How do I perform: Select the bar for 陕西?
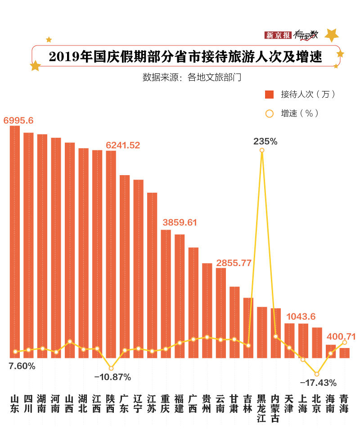[x=111, y=254]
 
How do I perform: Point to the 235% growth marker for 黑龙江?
[x=262, y=150]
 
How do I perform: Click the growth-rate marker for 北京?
[x=317, y=374]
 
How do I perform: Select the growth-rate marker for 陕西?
[x=111, y=369]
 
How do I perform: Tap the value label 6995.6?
[x=18, y=120]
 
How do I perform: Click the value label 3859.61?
[x=180, y=223]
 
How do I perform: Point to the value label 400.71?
[x=341, y=336]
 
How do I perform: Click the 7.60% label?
[x=22, y=366]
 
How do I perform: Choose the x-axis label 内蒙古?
[x=275, y=408]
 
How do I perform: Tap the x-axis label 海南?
[x=330, y=404]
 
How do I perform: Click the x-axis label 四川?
[x=28, y=404]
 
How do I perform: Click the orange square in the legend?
[x=270, y=94]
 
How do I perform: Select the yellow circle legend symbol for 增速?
[x=270, y=113]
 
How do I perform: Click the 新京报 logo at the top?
[x=278, y=35]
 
